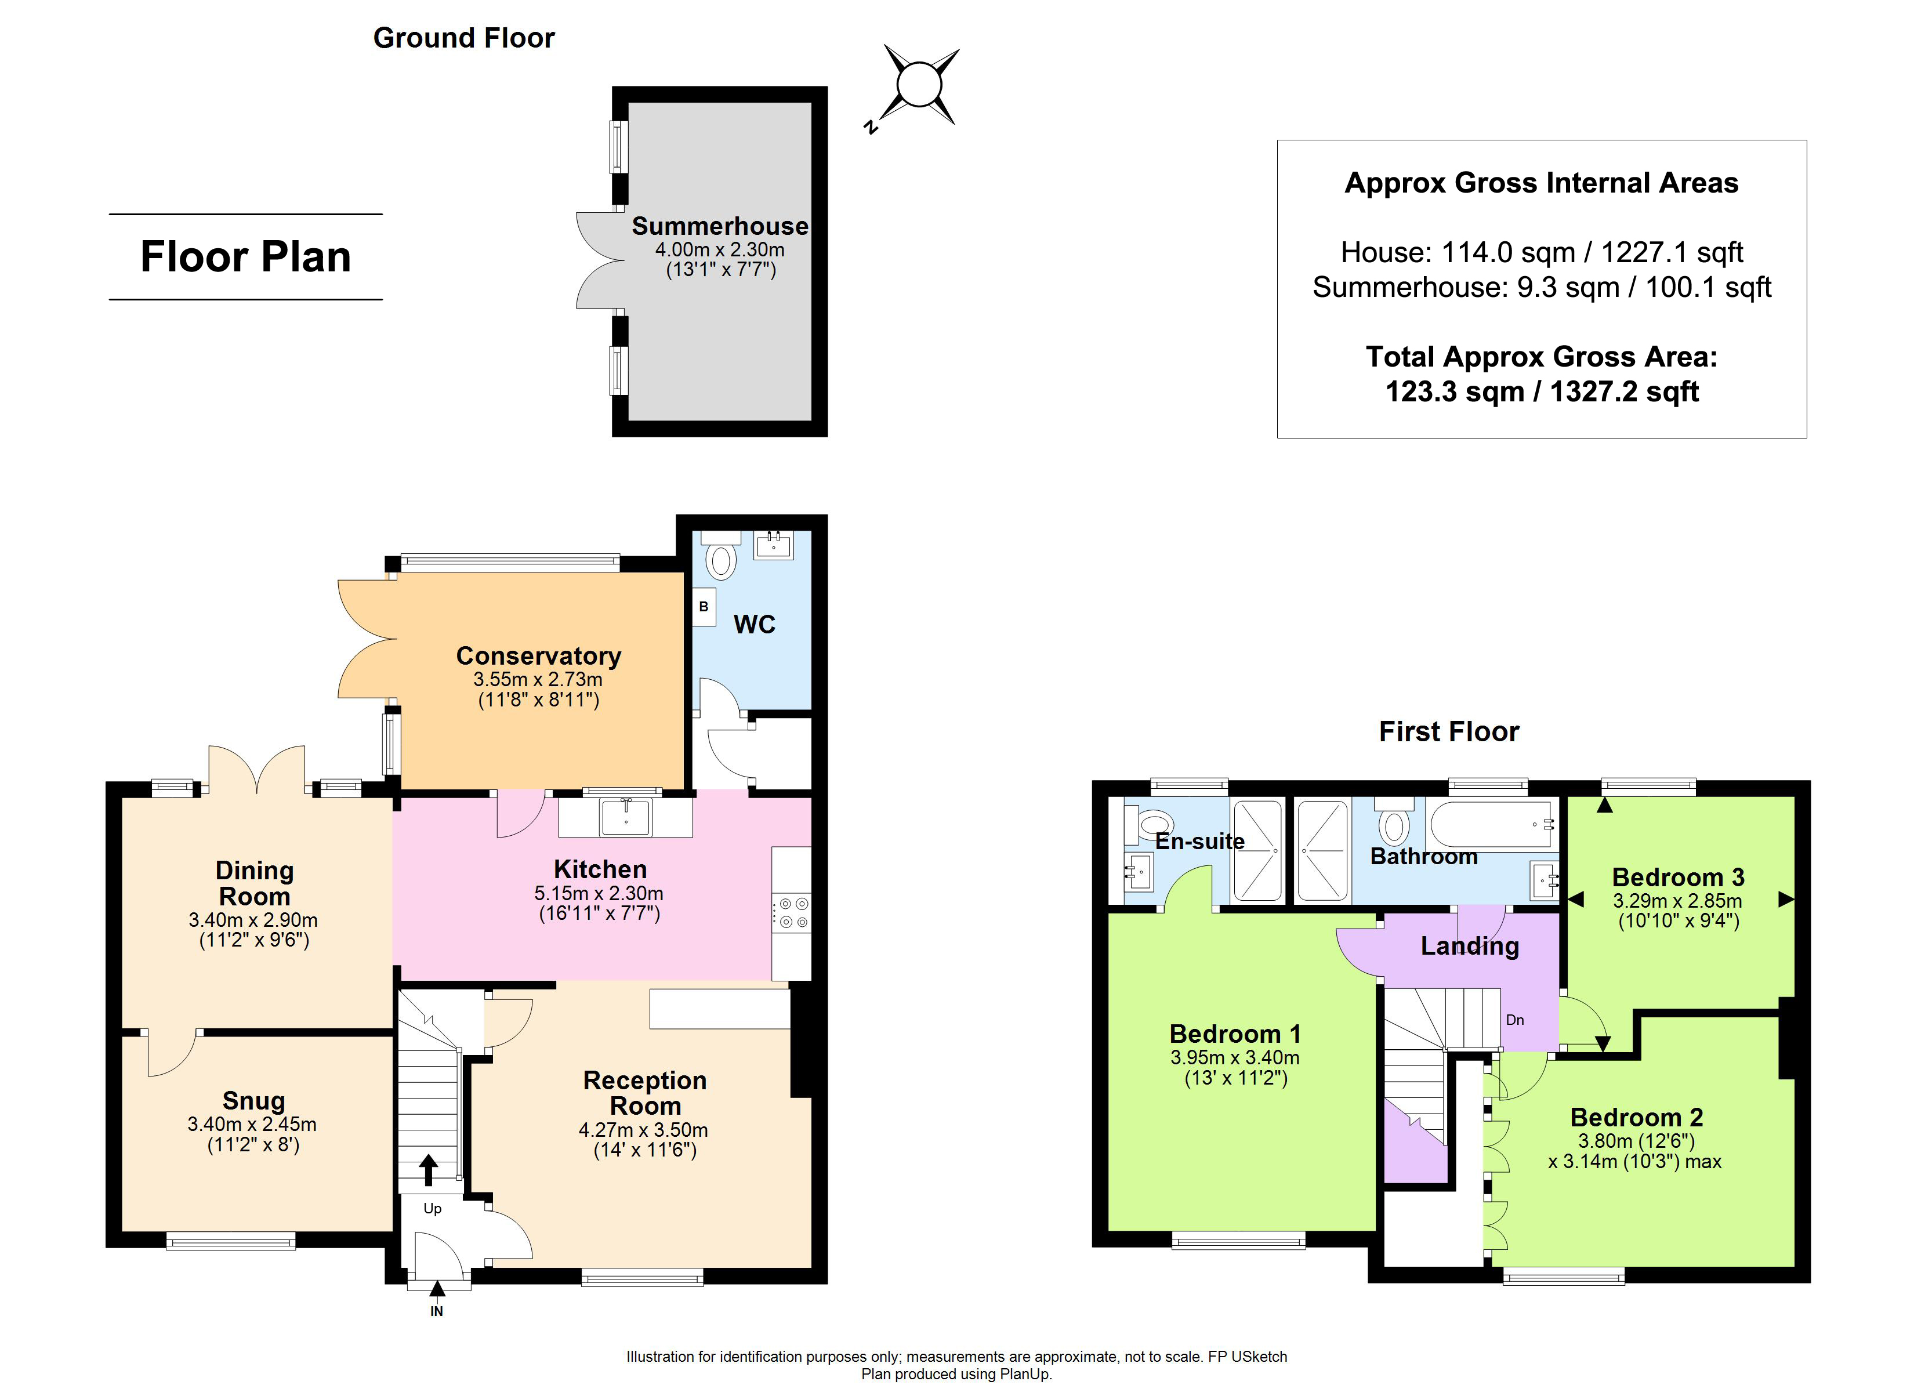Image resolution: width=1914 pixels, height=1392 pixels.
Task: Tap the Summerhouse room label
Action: click(720, 226)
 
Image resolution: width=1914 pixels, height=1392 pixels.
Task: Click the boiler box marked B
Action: click(704, 607)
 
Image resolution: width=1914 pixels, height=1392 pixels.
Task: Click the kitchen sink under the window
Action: click(625, 818)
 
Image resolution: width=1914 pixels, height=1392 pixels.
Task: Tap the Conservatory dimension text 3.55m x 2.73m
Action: click(538, 680)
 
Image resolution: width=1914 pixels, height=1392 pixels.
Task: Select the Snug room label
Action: click(253, 1101)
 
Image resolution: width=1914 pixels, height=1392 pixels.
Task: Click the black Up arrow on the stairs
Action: click(429, 1170)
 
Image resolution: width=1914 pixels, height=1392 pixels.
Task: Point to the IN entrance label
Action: click(436, 1311)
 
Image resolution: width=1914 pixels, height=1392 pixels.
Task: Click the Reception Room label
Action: click(646, 1093)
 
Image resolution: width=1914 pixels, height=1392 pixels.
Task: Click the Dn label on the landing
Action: click(1515, 1020)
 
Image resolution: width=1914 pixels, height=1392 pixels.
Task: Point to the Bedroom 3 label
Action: click(1678, 878)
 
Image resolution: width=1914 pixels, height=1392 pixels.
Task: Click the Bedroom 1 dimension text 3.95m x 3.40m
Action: click(1235, 1058)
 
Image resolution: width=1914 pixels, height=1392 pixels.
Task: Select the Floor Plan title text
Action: click(245, 256)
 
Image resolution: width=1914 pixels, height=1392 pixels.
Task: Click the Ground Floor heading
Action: click(464, 38)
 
